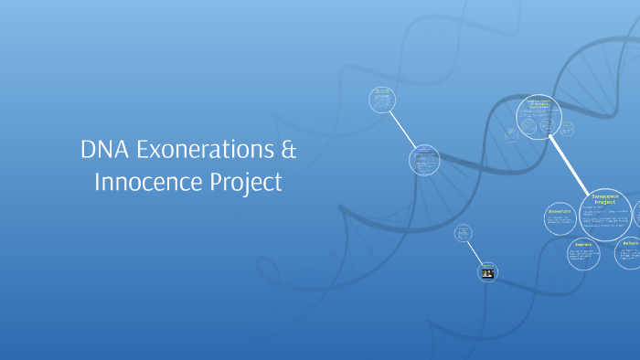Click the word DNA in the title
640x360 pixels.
coord(102,149)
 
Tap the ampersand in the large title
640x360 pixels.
coord(287,149)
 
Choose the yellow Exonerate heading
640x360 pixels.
coord(560,211)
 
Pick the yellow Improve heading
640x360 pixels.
coord(583,245)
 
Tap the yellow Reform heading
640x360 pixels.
coord(632,243)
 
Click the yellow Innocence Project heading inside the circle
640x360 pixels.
coord(605,200)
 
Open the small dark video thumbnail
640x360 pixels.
coord(488,272)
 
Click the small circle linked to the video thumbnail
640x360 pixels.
coord(464,233)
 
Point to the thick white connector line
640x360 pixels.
coord(570,163)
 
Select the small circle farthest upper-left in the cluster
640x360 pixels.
coord(381,100)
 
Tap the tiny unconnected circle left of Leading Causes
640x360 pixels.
coord(509,133)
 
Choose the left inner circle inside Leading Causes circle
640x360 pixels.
coord(529,120)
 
